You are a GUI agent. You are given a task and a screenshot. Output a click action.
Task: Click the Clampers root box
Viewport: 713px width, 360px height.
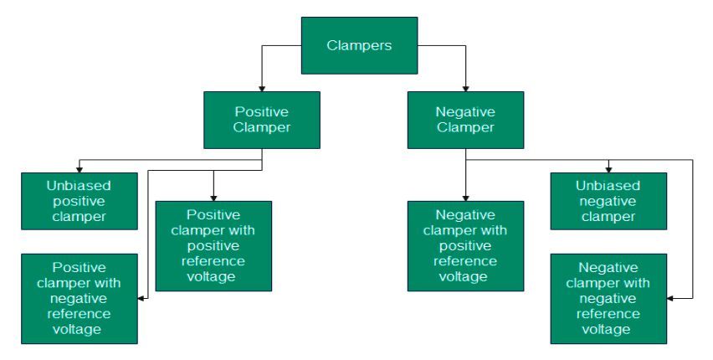click(359, 45)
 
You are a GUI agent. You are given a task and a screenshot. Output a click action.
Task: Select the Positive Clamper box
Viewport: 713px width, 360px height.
click(262, 120)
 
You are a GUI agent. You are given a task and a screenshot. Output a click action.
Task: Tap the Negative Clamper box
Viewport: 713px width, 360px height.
click(465, 120)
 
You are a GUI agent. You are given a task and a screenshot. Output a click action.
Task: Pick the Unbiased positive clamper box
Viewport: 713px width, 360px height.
click(79, 201)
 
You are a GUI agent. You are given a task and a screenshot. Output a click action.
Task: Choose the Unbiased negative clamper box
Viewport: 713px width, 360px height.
click(608, 201)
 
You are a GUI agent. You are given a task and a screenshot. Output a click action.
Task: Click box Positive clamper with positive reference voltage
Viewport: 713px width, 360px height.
click(213, 245)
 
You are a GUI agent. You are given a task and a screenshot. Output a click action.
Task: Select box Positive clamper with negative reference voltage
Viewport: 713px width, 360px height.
click(79, 299)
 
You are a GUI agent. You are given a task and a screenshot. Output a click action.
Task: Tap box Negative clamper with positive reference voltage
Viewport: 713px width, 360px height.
click(465, 245)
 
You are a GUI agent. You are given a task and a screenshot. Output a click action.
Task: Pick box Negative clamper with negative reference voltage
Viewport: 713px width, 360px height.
click(608, 299)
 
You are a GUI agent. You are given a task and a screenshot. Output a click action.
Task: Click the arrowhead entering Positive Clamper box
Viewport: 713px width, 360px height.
click(262, 88)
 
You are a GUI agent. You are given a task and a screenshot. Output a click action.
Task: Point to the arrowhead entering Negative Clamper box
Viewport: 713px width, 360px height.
click(465, 88)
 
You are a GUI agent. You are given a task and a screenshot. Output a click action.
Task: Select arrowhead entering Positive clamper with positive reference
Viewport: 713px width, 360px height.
click(213, 197)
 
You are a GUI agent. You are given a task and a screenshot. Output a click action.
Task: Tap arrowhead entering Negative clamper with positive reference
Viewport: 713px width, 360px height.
click(465, 197)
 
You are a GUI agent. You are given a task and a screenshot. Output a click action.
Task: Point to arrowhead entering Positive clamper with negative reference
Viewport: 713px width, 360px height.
click(141, 297)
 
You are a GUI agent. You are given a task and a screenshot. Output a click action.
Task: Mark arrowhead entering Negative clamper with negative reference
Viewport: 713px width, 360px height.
click(671, 297)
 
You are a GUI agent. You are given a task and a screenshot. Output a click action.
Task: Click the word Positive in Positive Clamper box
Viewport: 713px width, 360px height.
click(262, 111)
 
